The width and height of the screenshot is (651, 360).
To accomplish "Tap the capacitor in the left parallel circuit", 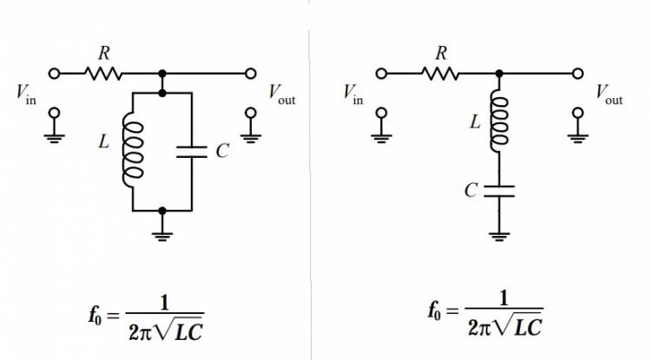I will (191, 151).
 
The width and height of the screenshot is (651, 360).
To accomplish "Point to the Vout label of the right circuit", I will (608, 95).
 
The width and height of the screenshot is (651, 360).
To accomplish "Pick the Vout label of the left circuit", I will (280, 95).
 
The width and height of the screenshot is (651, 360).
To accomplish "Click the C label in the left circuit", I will (222, 152).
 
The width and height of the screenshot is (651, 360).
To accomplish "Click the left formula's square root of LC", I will (184, 328).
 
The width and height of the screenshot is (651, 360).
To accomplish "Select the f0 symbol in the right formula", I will (435, 311).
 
